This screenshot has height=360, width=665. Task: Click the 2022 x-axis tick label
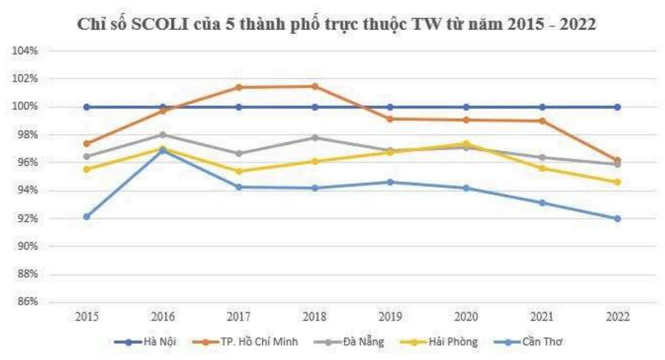[617, 317]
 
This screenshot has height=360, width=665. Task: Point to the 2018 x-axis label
[314, 317]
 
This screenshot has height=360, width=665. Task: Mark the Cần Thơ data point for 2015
[86, 217]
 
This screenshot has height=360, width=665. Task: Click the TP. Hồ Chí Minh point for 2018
[314, 86]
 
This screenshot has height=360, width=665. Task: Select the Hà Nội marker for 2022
[617, 107]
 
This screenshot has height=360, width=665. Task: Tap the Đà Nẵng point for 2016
[163, 135]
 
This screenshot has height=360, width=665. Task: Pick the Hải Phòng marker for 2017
[238, 171]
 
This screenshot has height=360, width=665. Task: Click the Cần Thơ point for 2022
[617, 219]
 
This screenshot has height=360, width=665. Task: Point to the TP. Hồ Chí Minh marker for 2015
[86, 143]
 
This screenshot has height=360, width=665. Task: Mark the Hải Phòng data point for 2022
[617, 182]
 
